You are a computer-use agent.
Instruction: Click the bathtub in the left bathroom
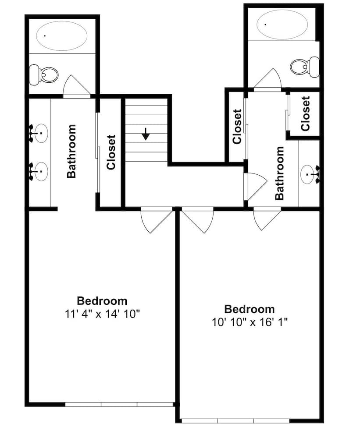click(61, 36)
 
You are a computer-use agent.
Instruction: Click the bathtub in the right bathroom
click(282, 25)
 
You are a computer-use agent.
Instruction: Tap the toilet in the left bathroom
click(44, 75)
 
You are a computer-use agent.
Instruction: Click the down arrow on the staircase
click(146, 134)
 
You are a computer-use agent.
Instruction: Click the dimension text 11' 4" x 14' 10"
click(102, 314)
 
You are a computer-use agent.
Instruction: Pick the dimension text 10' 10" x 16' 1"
click(250, 322)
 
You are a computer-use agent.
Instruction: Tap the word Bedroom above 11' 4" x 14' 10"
click(102, 301)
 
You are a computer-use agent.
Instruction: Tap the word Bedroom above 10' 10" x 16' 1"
click(250, 309)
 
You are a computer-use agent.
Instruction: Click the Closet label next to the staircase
click(111, 152)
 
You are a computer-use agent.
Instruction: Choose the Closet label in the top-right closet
click(306, 114)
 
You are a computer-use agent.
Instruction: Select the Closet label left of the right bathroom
click(237, 127)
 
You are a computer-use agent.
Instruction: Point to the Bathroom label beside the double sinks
click(71, 151)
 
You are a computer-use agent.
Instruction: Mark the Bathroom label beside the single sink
click(279, 173)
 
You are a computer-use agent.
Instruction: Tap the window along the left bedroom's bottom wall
click(119, 404)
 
